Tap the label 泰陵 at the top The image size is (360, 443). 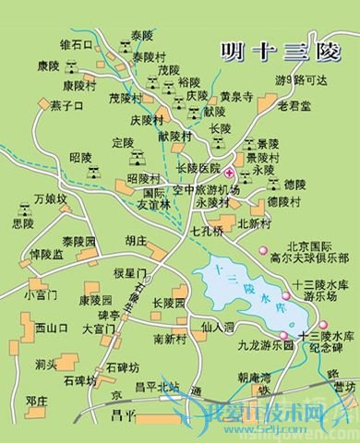(142, 36)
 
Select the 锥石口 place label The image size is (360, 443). (77, 44)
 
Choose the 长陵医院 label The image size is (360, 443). (198, 170)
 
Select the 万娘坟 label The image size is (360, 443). (51, 198)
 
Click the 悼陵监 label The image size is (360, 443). (46, 254)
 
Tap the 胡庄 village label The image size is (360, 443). (136, 240)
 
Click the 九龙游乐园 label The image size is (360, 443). (263, 345)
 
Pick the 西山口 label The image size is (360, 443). (52, 328)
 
